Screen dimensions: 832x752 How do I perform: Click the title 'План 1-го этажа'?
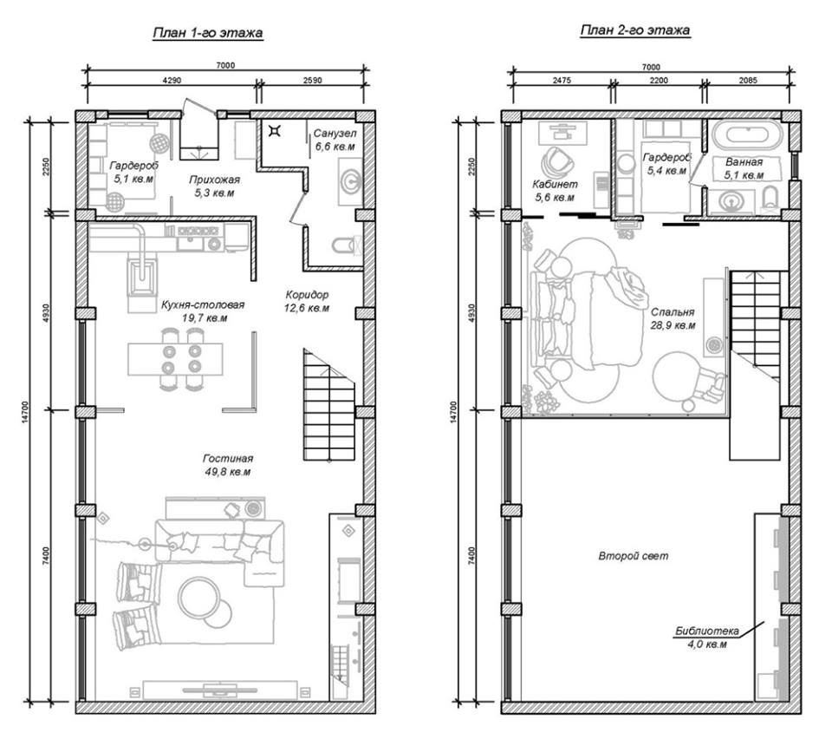tap(207, 33)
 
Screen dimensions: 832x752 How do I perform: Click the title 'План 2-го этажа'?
tap(635, 29)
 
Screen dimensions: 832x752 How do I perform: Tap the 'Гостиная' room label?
tap(228, 458)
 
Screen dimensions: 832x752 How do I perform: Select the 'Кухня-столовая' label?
tap(203, 304)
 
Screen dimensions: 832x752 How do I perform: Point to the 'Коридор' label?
tap(307, 294)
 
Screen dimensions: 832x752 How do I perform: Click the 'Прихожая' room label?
tap(214, 180)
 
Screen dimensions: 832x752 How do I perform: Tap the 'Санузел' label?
tap(335, 133)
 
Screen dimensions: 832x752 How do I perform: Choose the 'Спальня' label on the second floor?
tap(673, 312)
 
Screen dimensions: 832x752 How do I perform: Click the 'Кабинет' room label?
tap(555, 184)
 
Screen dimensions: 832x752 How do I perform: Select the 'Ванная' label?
tap(744, 162)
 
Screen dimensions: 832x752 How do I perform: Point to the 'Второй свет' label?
tap(634, 556)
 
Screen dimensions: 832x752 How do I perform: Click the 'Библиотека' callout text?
tap(707, 631)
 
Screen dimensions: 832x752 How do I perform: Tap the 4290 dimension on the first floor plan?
tap(172, 80)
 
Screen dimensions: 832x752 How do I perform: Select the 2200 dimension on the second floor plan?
tap(659, 80)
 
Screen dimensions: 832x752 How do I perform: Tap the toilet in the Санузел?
tap(345, 245)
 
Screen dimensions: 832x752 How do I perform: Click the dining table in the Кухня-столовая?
tap(175, 359)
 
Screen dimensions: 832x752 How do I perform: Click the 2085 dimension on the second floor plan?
tap(748, 80)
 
